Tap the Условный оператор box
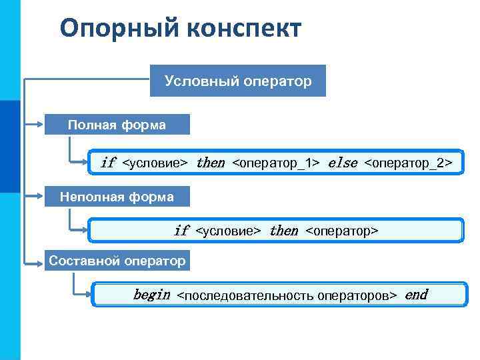point(238,81)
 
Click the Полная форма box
point(117,125)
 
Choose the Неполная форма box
point(117,197)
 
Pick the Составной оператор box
point(117,261)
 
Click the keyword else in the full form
point(343,163)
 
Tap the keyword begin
point(151,295)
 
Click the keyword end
point(416,295)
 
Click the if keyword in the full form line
point(107,163)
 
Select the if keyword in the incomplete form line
point(181,231)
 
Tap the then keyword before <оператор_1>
point(210,163)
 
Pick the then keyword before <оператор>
point(283,231)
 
